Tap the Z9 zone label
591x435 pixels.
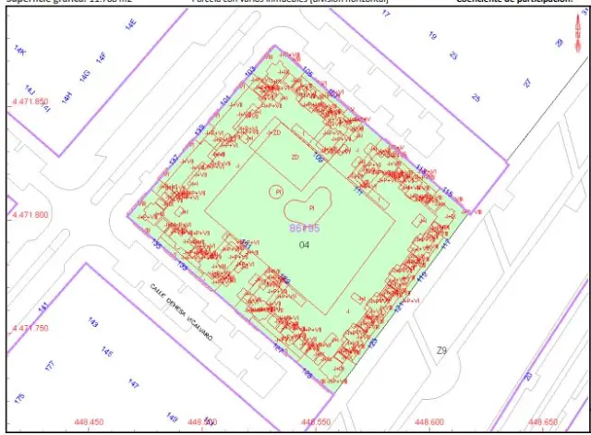point(441,350)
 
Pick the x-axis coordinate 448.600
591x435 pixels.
point(429,423)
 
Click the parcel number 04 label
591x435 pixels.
point(305,245)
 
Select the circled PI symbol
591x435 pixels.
point(275,191)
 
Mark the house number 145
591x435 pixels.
point(108,353)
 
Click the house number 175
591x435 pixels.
point(19,398)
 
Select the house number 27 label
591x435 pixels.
point(527,83)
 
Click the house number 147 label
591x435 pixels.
point(133,383)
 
